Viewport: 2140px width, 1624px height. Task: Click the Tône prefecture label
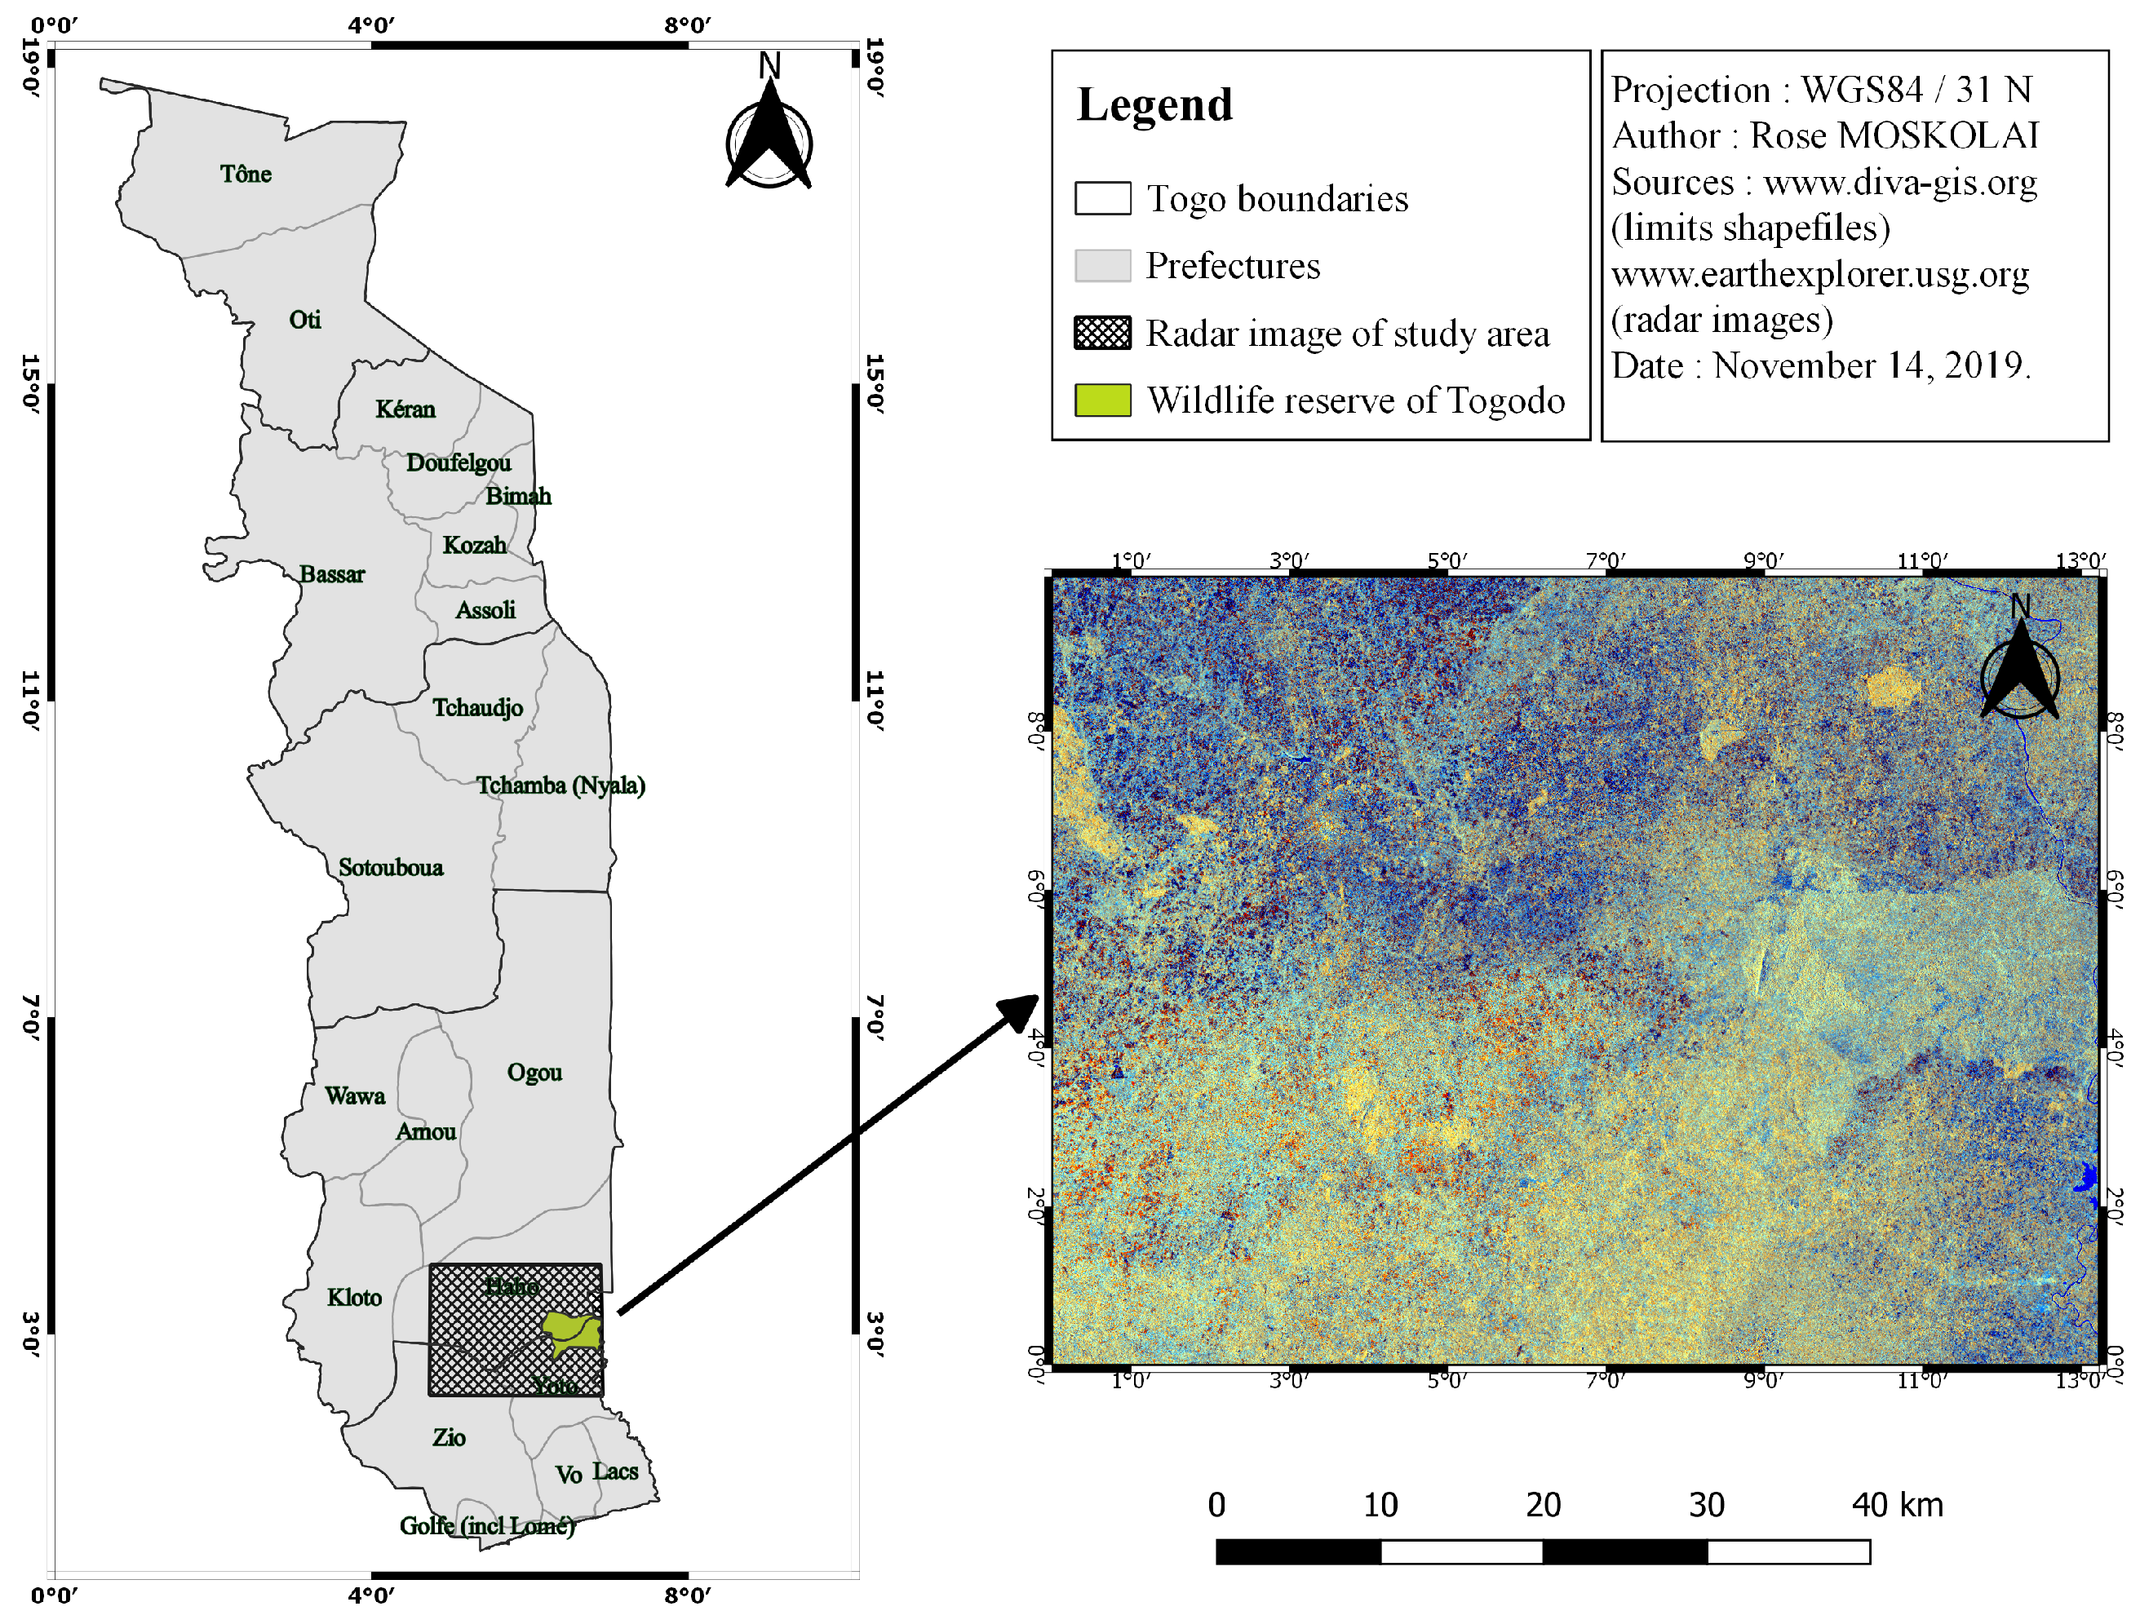(246, 174)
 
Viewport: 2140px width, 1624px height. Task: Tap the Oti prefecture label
(305, 321)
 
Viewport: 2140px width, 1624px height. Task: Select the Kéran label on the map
(405, 409)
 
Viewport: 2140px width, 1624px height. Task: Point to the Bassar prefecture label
(332, 574)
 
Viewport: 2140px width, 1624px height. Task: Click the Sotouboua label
(391, 868)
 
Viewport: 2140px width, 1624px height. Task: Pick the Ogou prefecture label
(534, 1073)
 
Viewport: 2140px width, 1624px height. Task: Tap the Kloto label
(354, 1298)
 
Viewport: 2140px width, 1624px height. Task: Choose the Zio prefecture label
(449, 1438)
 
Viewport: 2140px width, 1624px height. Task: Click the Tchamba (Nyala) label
(560, 785)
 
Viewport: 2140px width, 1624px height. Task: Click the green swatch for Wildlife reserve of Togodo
(1103, 400)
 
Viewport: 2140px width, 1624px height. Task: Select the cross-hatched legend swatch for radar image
(1103, 333)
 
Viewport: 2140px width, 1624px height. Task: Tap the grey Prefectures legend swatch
(1103, 266)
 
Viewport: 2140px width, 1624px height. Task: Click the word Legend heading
(1154, 104)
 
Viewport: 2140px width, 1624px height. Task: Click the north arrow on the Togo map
(769, 135)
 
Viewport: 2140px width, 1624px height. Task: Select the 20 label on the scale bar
(1543, 1505)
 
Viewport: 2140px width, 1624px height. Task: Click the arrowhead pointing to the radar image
(1021, 1011)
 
